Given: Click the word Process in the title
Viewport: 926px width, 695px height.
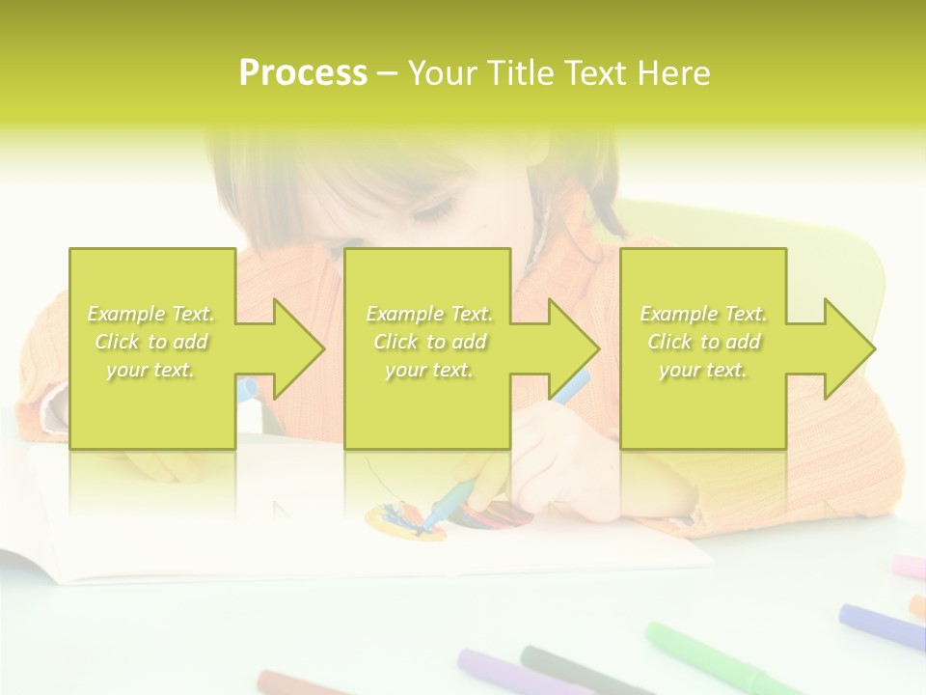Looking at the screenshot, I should coord(303,73).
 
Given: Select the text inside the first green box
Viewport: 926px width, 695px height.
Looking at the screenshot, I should coord(151,342).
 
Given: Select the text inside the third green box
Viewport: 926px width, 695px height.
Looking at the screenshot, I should coord(703,342).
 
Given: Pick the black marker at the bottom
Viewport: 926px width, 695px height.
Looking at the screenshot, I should coord(569,670).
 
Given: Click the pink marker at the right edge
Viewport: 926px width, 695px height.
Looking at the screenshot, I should coord(908,566).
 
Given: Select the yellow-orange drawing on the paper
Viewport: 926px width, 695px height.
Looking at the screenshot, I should coord(400,521).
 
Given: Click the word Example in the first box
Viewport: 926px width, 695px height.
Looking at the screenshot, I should coord(125,314).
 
